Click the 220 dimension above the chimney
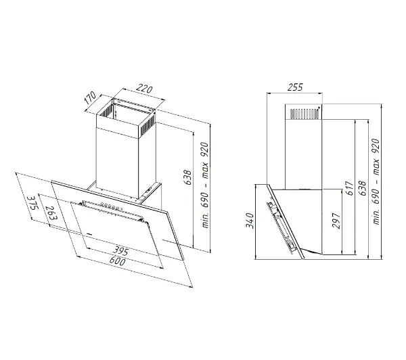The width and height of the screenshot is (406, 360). coord(144,89)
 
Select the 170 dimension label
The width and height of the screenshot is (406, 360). coord(90,98)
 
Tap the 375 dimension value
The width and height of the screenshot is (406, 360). coord(33,204)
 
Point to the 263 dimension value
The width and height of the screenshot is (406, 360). coord(51,213)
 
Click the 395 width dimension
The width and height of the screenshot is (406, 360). coord(120,251)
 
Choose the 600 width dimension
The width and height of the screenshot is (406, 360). coord(117,261)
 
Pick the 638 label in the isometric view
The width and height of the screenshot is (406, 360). coord(188,177)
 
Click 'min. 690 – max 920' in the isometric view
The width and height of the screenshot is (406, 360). coord(205,185)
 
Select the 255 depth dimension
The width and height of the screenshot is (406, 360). coord(295,87)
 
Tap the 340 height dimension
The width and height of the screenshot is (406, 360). coord(250,221)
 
